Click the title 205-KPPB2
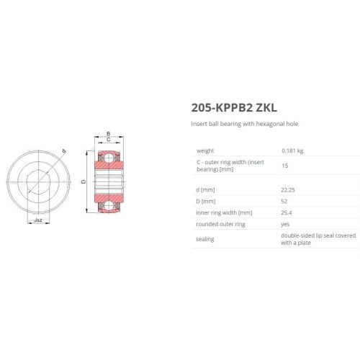point(222,107)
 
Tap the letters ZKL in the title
point(266,107)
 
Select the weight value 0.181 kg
point(292,150)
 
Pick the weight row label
point(205,150)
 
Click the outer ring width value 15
point(285,166)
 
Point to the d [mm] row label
point(205,190)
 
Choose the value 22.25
point(288,190)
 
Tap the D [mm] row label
point(206,201)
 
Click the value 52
point(284,201)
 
